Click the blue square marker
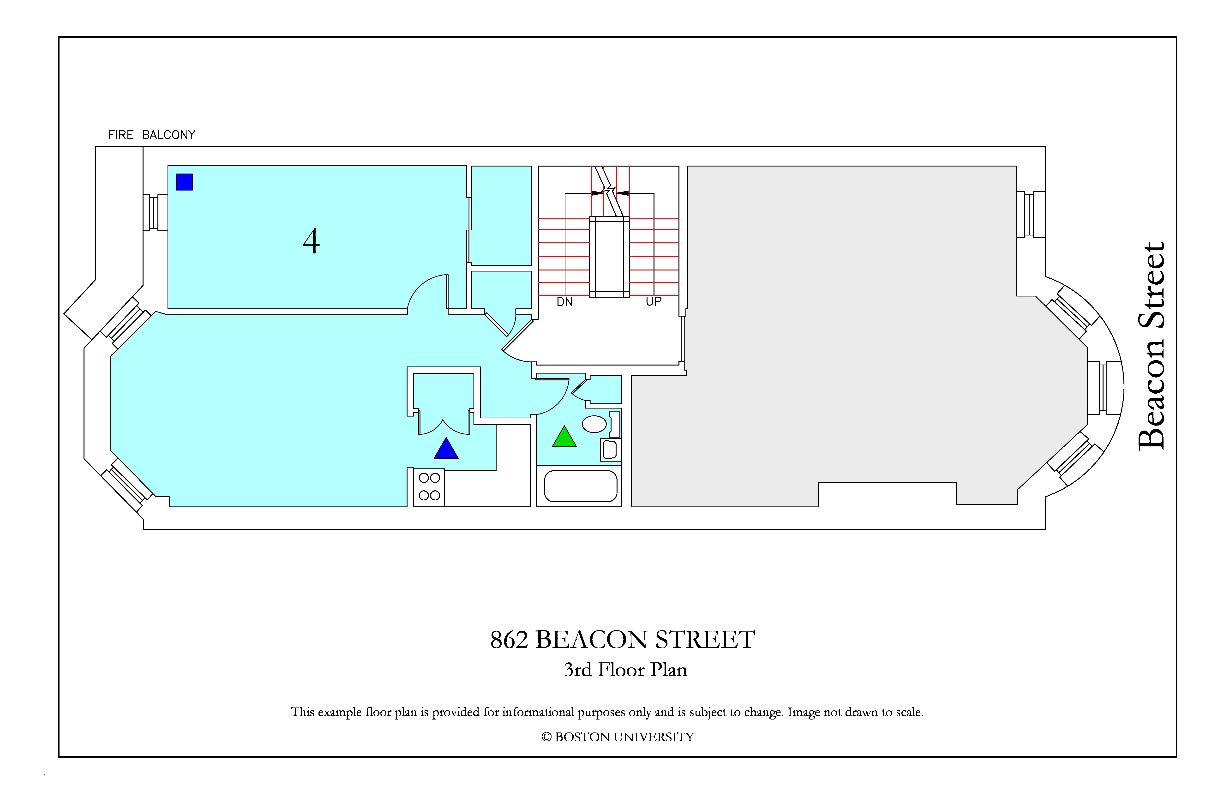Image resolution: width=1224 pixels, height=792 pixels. (184, 182)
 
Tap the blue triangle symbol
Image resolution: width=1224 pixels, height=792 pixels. (446, 449)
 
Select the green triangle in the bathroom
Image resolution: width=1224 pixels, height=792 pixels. (564, 437)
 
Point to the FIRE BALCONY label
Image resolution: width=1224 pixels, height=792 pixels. (152, 135)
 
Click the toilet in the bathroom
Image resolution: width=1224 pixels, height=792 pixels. (611, 450)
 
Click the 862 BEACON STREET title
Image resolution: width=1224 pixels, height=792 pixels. (622, 640)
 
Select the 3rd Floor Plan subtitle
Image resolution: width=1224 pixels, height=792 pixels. (625, 670)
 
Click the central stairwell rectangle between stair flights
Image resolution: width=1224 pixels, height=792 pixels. (609, 257)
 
